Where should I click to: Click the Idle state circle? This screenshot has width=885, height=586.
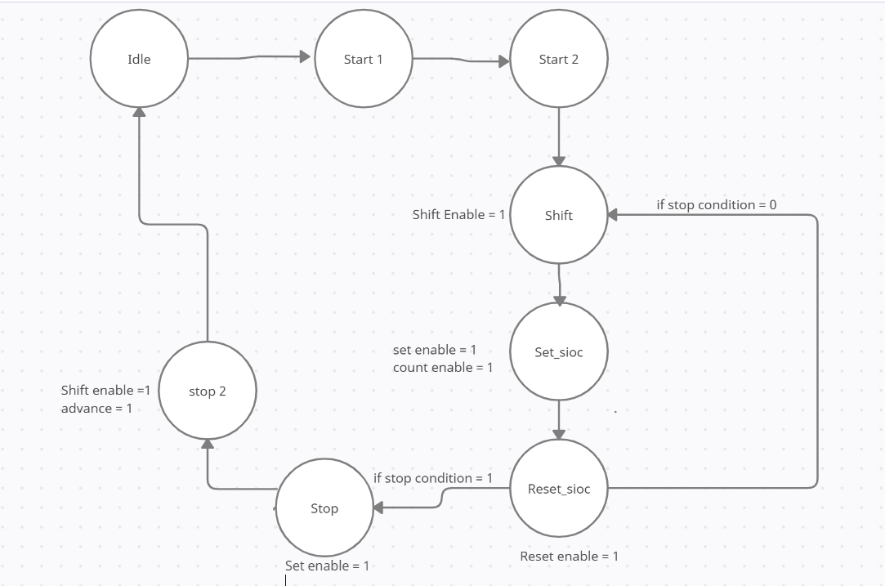139,59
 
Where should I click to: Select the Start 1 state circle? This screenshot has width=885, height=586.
363,59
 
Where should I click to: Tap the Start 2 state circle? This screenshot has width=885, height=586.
558,59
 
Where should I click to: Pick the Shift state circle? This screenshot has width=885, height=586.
558,215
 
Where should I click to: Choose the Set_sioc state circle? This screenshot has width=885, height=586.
559,351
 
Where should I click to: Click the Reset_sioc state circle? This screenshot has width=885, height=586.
559,488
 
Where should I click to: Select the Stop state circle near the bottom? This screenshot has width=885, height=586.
324,508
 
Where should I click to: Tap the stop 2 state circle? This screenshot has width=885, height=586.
207,391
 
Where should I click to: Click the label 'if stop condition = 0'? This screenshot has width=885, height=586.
716,204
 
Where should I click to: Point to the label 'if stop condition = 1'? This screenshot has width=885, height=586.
433,477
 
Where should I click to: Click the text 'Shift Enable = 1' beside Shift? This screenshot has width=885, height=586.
458,214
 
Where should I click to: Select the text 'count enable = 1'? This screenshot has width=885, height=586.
443,367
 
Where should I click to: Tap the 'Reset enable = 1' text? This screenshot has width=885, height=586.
569,556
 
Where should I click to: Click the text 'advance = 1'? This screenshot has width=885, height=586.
96,408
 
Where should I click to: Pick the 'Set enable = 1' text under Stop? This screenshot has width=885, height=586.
327,566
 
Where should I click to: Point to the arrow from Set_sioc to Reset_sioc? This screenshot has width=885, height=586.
559,419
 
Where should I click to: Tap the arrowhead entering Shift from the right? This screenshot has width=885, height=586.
614,215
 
